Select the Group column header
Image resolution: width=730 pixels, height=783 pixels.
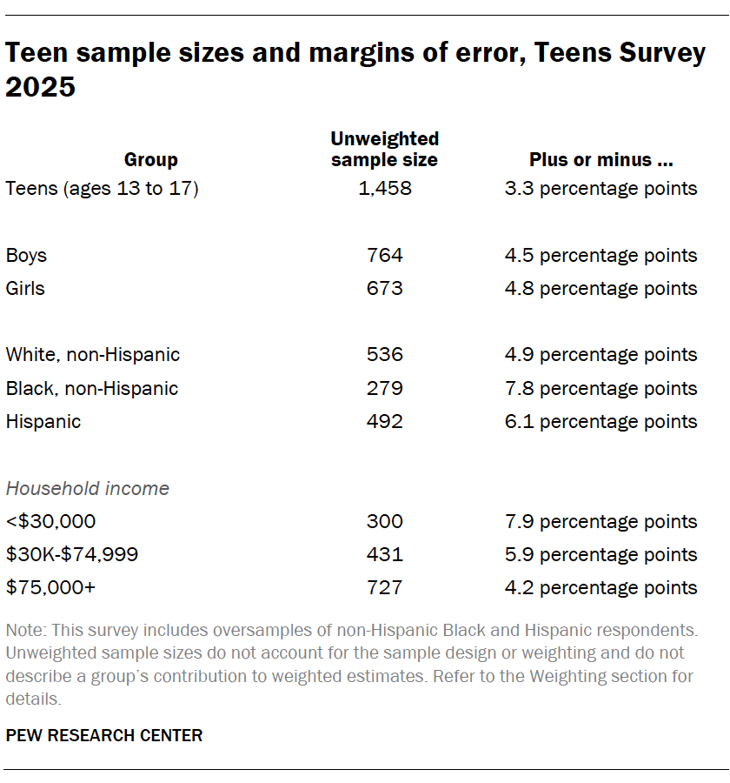click(x=150, y=159)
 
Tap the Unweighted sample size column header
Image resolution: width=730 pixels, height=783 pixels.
click(x=384, y=149)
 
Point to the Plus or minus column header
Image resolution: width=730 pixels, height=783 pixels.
click(x=601, y=159)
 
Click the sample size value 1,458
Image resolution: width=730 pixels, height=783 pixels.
click(x=384, y=188)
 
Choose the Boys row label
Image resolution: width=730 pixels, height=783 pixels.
click(x=26, y=255)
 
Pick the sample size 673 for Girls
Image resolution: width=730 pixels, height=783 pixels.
click(x=384, y=288)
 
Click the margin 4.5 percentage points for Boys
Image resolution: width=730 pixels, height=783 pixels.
click(x=601, y=255)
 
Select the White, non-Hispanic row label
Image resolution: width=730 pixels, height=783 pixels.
click(x=93, y=354)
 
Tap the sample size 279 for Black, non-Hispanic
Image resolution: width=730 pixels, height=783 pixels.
click(x=384, y=388)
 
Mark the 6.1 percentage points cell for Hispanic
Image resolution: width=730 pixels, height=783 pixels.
click(x=601, y=421)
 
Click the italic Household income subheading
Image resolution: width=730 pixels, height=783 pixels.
click(x=87, y=488)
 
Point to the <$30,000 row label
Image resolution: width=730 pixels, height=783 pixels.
click(x=50, y=521)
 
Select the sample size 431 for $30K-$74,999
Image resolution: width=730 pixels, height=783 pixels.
click(x=384, y=554)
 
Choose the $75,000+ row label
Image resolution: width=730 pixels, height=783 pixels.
click(x=50, y=587)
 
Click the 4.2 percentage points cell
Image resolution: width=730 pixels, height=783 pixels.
click(x=601, y=587)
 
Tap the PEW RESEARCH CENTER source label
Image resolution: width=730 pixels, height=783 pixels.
click(x=104, y=735)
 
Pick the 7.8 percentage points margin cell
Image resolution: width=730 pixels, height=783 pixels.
click(x=601, y=388)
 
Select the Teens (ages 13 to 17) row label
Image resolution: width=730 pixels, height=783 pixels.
click(x=103, y=188)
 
